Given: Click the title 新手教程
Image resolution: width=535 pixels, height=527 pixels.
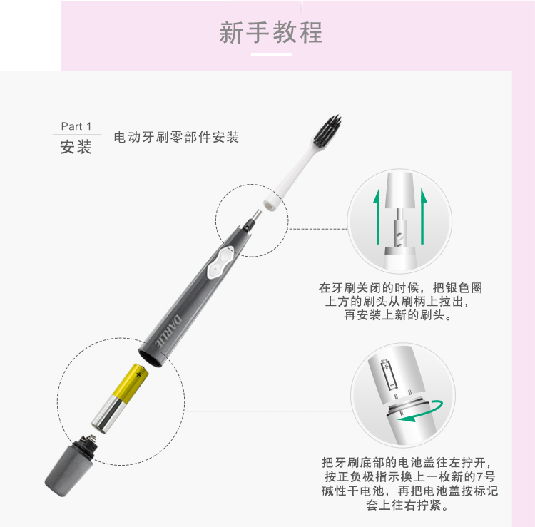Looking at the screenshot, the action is click(271, 32).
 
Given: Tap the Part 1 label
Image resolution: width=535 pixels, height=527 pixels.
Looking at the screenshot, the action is click(76, 126).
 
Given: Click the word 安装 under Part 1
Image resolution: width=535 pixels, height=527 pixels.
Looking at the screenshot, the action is click(76, 147).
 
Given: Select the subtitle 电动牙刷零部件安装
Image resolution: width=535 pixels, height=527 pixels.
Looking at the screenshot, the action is click(176, 137).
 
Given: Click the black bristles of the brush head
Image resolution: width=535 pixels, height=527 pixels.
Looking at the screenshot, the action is click(329, 132).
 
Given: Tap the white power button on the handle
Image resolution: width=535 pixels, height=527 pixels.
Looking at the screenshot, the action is click(220, 262).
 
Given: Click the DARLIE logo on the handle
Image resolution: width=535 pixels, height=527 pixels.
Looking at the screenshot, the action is click(169, 330).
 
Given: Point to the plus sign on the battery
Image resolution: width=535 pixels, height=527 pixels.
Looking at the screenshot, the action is click(138, 374).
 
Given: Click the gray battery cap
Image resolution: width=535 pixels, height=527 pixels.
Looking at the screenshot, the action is click(71, 466).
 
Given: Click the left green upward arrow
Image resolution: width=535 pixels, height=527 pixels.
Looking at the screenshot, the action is click(377, 218).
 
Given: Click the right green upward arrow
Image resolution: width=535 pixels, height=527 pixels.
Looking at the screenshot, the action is click(423, 216).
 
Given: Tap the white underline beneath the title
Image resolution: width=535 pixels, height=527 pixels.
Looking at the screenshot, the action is click(271, 55).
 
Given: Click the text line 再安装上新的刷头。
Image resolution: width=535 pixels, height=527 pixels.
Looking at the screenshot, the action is click(398, 314).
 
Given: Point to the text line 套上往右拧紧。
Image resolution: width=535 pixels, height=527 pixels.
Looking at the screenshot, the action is click(407, 505).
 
